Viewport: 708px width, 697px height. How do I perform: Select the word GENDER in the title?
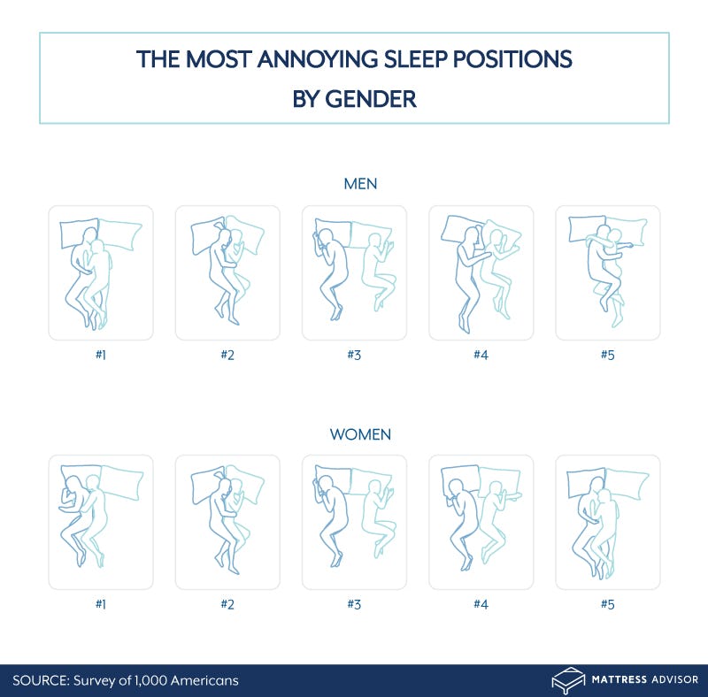pyautogui.click(x=370, y=98)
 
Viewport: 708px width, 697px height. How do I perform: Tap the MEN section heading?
pyautogui.click(x=354, y=183)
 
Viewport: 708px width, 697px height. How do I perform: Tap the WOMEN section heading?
pyautogui.click(x=354, y=434)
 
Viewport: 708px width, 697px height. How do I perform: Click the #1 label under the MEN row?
pyautogui.click(x=100, y=355)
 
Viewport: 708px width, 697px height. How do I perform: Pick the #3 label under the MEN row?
pyautogui.click(x=354, y=355)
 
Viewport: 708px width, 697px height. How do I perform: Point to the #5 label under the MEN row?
pyautogui.click(x=607, y=355)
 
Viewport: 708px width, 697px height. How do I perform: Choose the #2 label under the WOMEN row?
pyautogui.click(x=227, y=604)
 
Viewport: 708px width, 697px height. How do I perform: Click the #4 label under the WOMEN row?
pyautogui.click(x=481, y=604)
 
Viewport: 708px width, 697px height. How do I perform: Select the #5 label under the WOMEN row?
pyautogui.click(x=607, y=604)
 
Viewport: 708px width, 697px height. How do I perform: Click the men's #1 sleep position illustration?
pyautogui.click(x=100, y=272)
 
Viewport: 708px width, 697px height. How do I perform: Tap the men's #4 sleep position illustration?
pyautogui.click(x=481, y=272)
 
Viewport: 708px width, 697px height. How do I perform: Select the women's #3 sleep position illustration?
pyautogui.click(x=354, y=522)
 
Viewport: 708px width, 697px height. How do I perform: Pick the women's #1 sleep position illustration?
pyautogui.click(x=100, y=522)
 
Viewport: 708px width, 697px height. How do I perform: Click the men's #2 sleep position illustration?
pyautogui.click(x=227, y=272)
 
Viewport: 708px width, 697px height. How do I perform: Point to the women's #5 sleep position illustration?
pyautogui.click(x=607, y=522)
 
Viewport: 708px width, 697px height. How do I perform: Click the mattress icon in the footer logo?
pyautogui.click(x=568, y=680)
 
